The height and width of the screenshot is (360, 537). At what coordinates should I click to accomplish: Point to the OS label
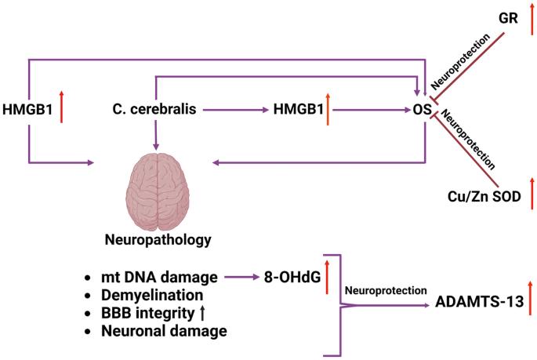pyautogui.click(x=422, y=111)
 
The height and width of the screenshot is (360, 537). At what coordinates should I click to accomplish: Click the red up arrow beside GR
pyautogui.click(x=532, y=16)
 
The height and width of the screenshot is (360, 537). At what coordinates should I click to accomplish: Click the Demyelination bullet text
pyautogui.click(x=152, y=295)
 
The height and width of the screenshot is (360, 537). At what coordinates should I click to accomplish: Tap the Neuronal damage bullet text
pyautogui.click(x=164, y=331)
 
